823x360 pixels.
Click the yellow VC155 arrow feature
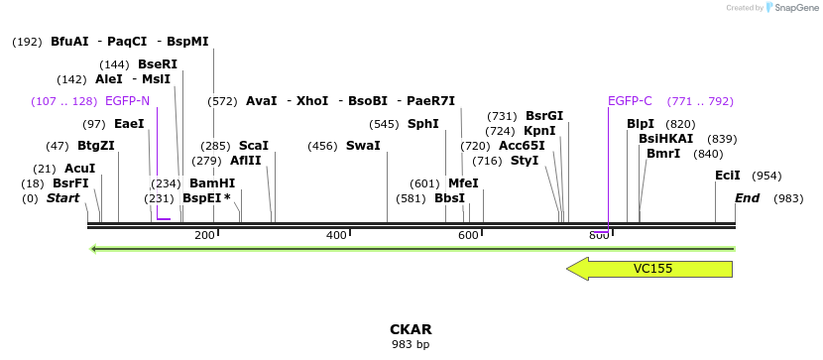[649, 269]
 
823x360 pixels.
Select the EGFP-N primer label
[127, 101]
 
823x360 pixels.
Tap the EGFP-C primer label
[630, 101]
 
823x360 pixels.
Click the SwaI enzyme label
[363, 146]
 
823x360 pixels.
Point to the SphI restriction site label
[423, 124]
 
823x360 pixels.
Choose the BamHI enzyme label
[212, 183]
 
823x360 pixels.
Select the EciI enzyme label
[728, 176]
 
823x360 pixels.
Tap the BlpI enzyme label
[641, 124]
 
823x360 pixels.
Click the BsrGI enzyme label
[544, 116]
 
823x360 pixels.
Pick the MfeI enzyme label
[463, 183]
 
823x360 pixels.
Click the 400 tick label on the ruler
[336, 235]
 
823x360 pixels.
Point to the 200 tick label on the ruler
[204, 235]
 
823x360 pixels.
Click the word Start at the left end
[62, 198]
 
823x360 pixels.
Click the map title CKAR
[411, 329]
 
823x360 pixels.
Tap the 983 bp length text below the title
[411, 345]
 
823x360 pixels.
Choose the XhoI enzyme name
[312, 101]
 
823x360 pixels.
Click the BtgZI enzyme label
[96, 146]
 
